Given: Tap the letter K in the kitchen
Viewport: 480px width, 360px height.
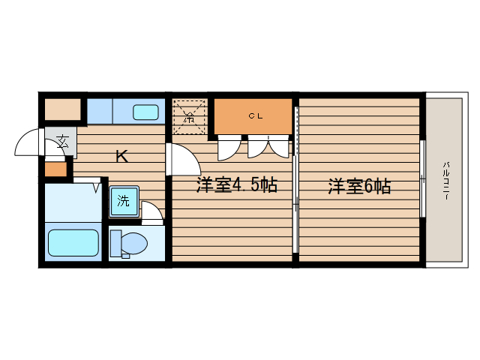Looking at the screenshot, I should pos(121,157).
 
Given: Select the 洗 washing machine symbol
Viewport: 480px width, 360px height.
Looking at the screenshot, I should pos(122,200).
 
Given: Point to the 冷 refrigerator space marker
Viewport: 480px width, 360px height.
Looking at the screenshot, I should pos(189,117).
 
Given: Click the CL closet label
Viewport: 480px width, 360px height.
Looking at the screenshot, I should pos(256,115).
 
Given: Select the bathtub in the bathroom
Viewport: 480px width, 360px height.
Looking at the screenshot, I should pos(73,243).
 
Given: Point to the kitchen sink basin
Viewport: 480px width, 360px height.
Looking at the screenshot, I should pos(145,112).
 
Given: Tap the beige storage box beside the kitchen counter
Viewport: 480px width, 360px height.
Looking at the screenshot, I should pos(62,109).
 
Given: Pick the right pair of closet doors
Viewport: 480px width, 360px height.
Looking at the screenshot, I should pos(268,147).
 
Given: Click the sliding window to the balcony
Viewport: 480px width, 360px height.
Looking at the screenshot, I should pos(423,180).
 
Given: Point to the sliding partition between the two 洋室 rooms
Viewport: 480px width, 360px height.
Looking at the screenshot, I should pos(296,202).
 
